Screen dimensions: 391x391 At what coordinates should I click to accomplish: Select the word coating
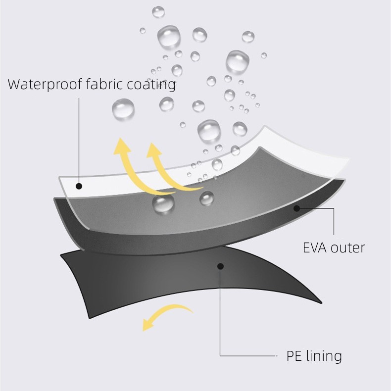(x=151, y=85)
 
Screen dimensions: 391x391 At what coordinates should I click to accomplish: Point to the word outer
(x=347, y=248)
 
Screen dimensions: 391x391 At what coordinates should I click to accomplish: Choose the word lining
(x=324, y=356)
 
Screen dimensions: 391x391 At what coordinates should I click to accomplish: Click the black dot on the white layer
(x=79, y=186)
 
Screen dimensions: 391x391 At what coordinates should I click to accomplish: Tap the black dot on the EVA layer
(x=296, y=208)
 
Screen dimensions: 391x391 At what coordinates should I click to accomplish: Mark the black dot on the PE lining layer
(x=220, y=266)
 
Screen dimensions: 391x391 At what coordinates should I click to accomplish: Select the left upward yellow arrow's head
(x=122, y=147)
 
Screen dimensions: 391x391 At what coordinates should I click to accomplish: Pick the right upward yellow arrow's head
(x=154, y=150)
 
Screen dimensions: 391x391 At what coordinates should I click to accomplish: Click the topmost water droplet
(x=158, y=12)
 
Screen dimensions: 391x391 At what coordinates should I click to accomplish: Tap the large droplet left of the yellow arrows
(x=123, y=109)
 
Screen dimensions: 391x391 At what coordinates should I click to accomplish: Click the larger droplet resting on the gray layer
(x=163, y=204)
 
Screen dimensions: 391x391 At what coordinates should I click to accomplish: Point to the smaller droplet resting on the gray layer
(x=207, y=198)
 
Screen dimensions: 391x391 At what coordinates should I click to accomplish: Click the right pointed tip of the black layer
(x=321, y=303)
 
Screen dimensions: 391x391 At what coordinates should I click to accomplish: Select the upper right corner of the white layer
(x=348, y=159)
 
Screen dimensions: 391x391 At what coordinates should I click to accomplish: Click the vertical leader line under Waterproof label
(x=79, y=141)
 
